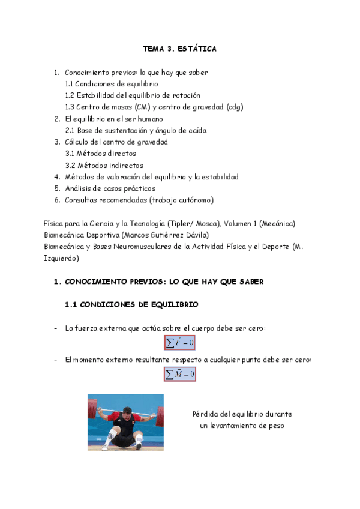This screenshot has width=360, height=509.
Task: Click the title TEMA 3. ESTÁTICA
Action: coord(179,49)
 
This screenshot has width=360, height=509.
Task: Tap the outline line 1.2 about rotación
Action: coord(133,95)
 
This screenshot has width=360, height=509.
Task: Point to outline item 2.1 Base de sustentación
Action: coord(136,130)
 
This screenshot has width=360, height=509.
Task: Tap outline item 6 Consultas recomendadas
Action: coord(139,200)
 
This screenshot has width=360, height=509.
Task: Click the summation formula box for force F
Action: coord(180,343)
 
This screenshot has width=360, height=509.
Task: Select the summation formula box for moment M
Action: coord(180,374)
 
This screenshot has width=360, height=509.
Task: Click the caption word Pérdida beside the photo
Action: coord(206,414)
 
